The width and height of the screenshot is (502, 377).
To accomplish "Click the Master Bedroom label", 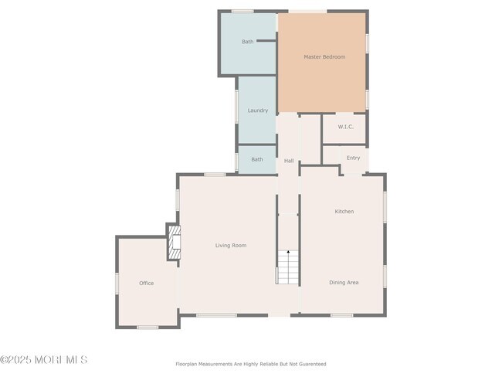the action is (324, 56).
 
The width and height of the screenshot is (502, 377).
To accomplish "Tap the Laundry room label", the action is (258, 110).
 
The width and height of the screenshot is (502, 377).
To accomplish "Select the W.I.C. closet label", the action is (346, 127).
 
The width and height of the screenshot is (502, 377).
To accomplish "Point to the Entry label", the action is (353, 158).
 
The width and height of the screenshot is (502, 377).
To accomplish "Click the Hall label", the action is (289, 161).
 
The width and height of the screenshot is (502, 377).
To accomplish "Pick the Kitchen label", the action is (344, 212).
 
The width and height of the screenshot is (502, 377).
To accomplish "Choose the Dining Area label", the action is (344, 282).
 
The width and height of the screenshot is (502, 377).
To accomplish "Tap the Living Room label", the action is (231, 246).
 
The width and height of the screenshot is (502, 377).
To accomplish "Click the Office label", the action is (146, 284).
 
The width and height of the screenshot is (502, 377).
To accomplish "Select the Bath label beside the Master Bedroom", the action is (247, 41).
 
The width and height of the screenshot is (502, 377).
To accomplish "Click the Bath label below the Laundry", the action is (256, 159).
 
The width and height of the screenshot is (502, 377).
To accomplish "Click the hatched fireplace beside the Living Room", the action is (175, 242).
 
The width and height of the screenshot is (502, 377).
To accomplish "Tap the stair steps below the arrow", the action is (288, 267).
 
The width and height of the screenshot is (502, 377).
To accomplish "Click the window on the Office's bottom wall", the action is (148, 328).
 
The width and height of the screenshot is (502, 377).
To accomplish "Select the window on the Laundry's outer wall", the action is (237, 106).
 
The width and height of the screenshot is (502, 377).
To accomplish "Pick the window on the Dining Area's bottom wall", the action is (341, 315).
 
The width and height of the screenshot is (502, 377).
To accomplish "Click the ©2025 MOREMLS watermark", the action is (43, 360).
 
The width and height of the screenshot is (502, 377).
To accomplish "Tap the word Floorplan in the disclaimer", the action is (186, 364).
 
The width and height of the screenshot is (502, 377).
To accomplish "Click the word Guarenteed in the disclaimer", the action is (314, 364).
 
